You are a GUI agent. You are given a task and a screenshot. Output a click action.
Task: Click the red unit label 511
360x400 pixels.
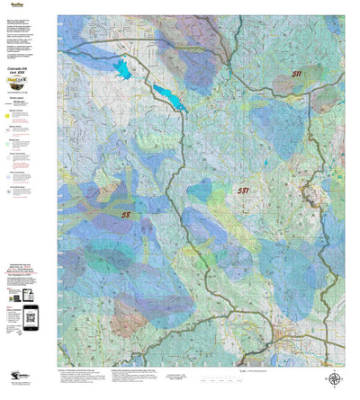point(296,75)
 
